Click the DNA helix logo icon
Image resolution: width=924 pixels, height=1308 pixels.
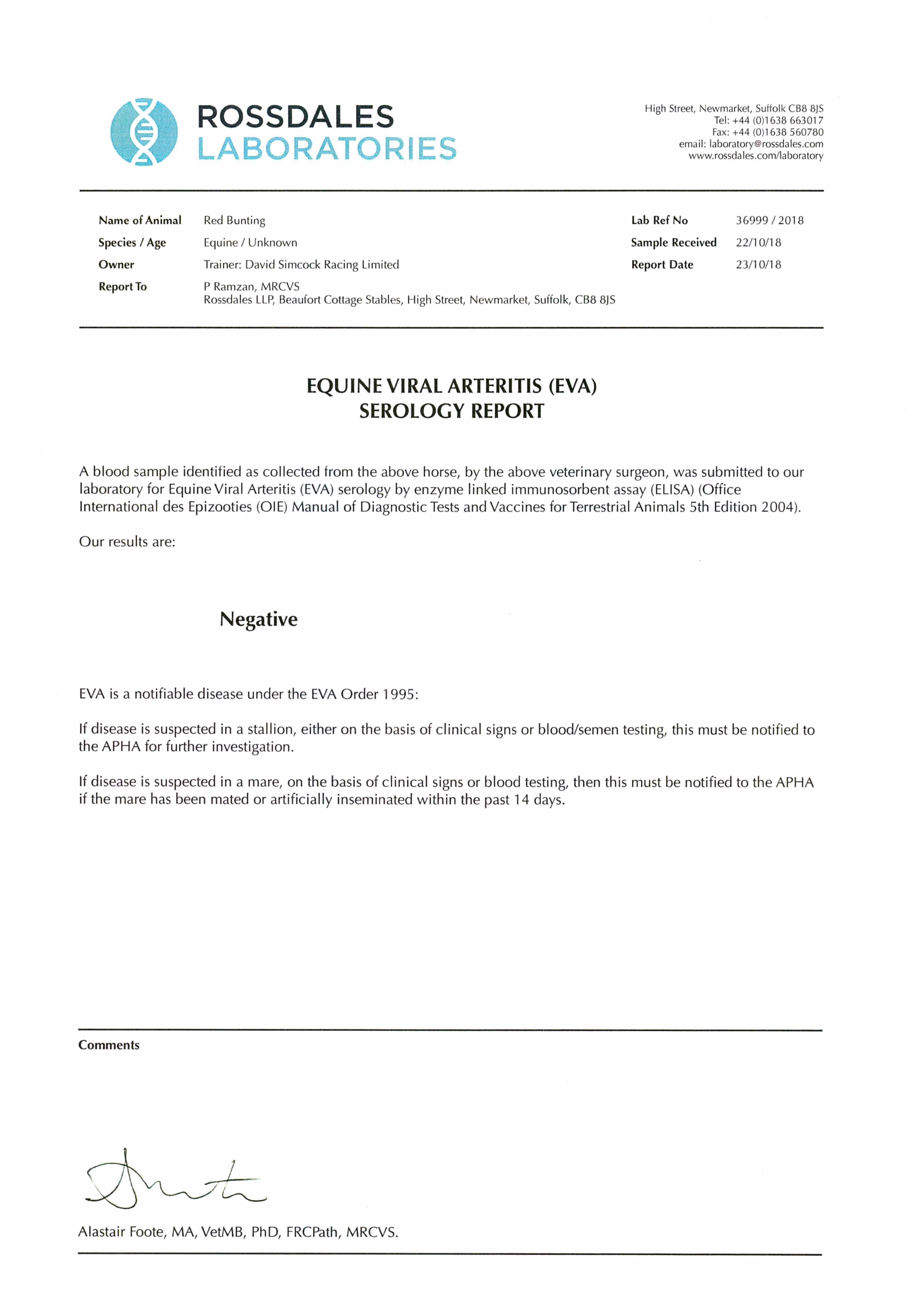tap(144, 132)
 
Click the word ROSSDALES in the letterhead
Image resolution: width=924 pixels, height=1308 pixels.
tap(295, 117)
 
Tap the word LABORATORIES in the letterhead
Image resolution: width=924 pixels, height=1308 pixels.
tap(326, 149)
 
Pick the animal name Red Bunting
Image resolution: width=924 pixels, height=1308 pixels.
tap(234, 221)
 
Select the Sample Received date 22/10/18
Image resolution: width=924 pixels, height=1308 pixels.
tap(758, 243)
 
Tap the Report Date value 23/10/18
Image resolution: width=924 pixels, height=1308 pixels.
tap(758, 265)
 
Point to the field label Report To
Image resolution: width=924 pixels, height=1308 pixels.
tap(122, 286)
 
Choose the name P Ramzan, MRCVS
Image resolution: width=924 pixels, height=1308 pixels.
tap(251, 286)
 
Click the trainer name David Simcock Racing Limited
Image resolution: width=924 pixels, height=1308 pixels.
tap(322, 265)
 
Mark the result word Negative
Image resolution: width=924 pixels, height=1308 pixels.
tap(259, 619)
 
